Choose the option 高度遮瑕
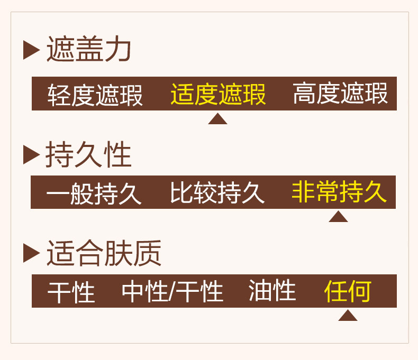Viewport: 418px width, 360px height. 340,94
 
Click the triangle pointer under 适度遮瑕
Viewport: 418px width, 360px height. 217,119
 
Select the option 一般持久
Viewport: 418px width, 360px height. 94,193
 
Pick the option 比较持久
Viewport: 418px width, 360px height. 217,193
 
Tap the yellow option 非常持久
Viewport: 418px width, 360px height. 339,192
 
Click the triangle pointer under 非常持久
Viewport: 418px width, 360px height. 338,217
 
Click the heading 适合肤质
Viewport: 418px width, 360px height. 104,253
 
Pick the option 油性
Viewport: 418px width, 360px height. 272,291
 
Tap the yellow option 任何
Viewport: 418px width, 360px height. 348,291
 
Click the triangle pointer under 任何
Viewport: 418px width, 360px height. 348,316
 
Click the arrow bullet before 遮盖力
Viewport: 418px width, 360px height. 31,50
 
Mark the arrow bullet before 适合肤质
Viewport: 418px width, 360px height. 31,253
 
